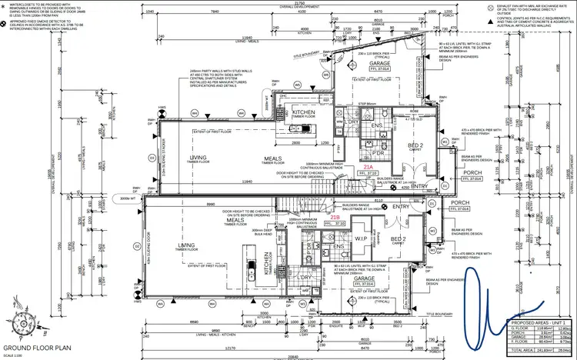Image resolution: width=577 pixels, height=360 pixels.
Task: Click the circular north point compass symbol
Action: pyautogui.click(x=17, y=323)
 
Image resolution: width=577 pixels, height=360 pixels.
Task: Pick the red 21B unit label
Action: pyautogui.click(x=334, y=218)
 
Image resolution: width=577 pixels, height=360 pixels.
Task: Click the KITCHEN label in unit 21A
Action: pyautogui.click(x=304, y=113)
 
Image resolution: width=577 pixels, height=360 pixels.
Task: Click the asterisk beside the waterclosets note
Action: pyautogui.click(x=4, y=5)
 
